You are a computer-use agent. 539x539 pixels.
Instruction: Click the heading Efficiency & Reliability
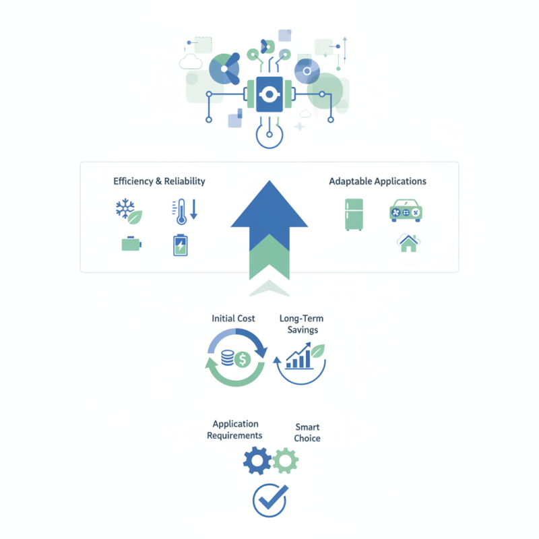point(159,181)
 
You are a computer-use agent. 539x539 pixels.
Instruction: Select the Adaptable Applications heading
point(377,181)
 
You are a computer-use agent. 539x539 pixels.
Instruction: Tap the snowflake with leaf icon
point(129,212)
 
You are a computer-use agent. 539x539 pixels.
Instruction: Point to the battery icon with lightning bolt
point(181,245)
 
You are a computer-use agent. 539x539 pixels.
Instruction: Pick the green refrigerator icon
point(354,214)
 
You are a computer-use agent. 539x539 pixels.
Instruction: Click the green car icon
point(406,211)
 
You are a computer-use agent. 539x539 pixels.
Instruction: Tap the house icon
point(408,243)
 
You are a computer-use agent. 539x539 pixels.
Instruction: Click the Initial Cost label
point(233,319)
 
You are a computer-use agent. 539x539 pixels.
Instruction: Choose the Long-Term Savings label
point(302,324)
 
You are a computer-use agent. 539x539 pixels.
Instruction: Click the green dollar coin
point(243,360)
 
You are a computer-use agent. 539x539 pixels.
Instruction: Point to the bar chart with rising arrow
point(299,356)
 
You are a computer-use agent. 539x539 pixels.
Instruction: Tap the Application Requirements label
point(234,430)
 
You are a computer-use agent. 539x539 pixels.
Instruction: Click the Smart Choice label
point(307,433)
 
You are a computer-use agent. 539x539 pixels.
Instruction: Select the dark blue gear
point(257,461)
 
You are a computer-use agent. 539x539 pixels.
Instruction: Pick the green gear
point(286,461)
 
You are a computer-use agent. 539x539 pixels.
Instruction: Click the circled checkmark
point(270,500)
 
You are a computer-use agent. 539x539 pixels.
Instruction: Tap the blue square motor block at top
point(269,94)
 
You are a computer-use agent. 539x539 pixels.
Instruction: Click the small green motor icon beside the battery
point(131,244)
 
